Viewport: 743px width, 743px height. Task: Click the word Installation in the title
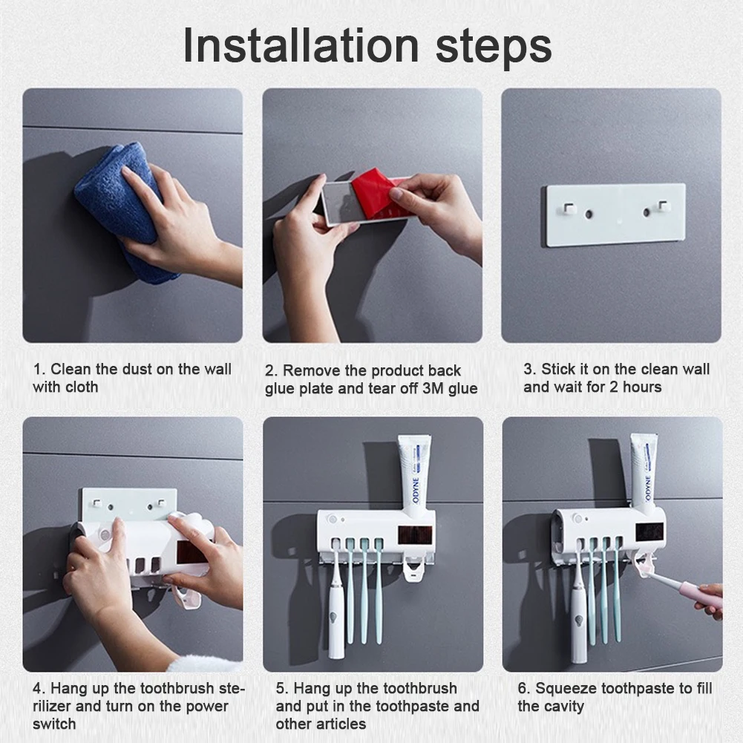tap(301, 45)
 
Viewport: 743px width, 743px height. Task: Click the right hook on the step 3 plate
tap(662, 206)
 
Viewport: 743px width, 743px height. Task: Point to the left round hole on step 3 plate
tap(589, 214)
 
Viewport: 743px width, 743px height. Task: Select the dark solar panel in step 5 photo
tap(412, 535)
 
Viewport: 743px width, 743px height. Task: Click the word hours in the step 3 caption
tap(642, 387)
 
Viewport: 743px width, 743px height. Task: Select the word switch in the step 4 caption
tap(54, 724)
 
